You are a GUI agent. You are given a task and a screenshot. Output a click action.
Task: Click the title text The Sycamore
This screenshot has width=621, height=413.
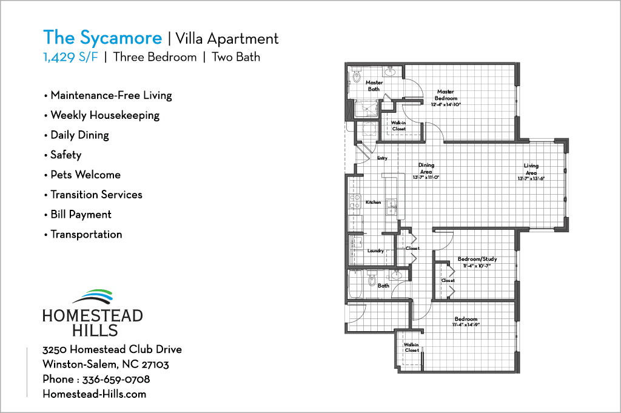(x=102, y=38)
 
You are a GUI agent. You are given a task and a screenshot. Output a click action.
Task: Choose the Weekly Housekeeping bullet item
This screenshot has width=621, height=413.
(x=104, y=115)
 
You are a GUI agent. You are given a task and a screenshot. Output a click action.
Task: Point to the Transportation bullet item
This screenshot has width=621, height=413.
(x=86, y=234)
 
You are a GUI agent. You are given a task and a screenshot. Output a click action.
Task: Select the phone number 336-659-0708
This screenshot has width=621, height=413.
(x=116, y=380)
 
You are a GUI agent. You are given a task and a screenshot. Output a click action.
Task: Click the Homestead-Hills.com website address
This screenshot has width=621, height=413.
(x=94, y=394)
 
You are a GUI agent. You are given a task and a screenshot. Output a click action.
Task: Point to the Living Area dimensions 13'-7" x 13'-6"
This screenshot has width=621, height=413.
(x=531, y=178)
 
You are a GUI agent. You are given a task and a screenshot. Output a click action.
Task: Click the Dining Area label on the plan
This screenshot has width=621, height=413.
(x=426, y=168)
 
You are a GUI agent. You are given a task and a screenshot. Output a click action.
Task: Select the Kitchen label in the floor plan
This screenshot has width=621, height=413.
(x=373, y=202)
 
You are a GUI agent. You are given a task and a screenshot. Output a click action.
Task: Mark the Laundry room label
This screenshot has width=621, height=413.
(x=375, y=250)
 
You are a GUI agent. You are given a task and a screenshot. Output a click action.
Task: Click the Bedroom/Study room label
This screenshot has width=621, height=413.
(x=477, y=259)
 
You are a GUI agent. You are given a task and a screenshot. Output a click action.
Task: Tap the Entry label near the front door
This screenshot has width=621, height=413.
(x=382, y=158)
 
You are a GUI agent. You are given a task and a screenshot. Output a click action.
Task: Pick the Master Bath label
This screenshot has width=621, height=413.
(x=374, y=86)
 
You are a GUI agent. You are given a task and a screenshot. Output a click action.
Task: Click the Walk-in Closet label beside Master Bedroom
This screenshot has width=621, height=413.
(x=398, y=126)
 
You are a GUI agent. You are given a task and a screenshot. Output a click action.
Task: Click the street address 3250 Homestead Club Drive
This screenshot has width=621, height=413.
(x=112, y=350)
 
